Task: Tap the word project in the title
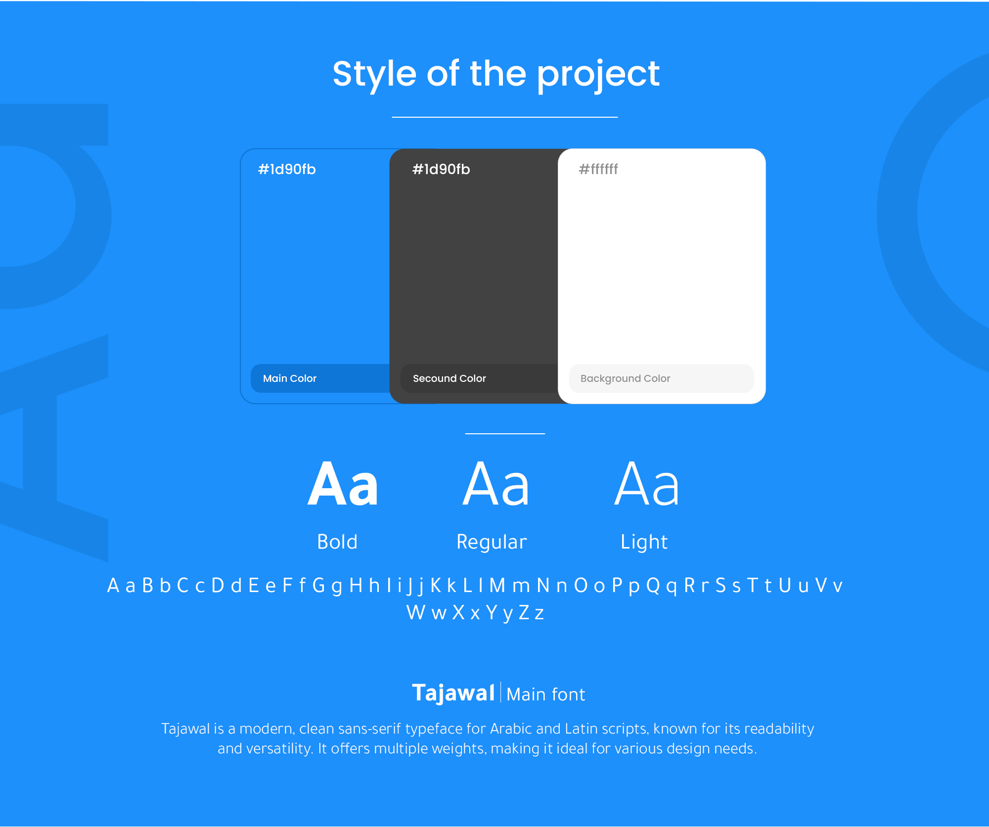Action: point(598,75)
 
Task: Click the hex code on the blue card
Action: point(287,169)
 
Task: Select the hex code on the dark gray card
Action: point(441,169)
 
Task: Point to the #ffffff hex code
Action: point(598,169)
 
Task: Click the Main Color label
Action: point(290,378)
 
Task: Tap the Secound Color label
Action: point(450,378)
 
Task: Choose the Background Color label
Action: point(625,378)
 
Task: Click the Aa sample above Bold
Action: point(343,484)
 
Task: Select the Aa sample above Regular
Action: point(496,484)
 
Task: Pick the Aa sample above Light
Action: point(647,484)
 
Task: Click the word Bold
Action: point(337,542)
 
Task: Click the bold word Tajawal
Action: point(453,693)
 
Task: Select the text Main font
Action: point(546,694)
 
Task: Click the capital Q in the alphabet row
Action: point(653,586)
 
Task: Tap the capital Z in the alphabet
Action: point(524,613)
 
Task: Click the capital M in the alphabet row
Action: point(497,586)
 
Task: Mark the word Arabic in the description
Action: point(511,729)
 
